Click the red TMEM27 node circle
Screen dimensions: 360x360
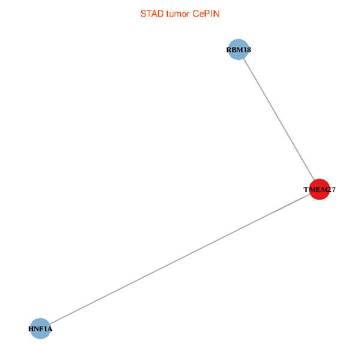(319, 190)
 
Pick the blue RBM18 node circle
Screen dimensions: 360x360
(238, 50)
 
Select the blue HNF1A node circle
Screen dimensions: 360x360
(40, 329)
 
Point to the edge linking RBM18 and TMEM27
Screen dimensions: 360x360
(278, 119)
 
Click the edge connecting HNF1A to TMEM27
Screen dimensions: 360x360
(180, 259)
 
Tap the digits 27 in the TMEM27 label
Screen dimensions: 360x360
(331, 190)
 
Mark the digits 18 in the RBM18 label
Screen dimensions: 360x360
(247, 50)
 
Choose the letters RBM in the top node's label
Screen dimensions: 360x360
(234, 50)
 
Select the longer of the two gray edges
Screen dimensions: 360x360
(180, 259)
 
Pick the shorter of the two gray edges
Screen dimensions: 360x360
(278, 119)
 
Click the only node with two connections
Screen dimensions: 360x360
(319, 190)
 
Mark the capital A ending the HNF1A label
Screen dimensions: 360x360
(50, 329)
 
